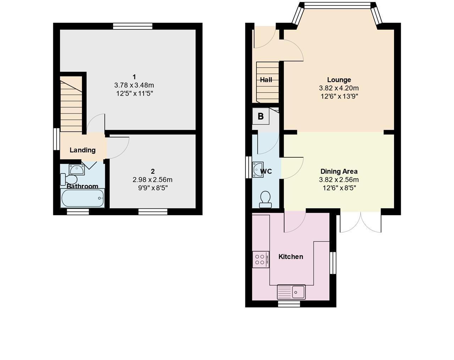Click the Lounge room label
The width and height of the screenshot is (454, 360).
339,80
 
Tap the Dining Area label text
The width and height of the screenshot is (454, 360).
339,171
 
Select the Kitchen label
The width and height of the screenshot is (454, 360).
290,257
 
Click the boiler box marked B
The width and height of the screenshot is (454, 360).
261,116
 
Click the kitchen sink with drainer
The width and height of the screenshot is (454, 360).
291,292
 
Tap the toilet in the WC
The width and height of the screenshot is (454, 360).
265,199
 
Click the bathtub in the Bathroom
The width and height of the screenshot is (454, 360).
83,198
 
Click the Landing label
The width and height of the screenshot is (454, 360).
82,150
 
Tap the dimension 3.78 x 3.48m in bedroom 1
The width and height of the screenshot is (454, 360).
134,85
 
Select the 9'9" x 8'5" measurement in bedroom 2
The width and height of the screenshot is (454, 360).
153,188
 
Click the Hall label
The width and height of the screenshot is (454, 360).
266,80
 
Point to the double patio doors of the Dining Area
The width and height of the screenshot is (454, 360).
361,222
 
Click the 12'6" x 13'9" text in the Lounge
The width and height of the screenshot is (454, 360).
339,96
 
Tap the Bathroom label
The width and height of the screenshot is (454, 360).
82,186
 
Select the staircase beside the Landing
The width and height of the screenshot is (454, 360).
71,106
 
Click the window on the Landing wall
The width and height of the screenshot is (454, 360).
56,139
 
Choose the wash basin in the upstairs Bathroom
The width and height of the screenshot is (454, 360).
77,169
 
